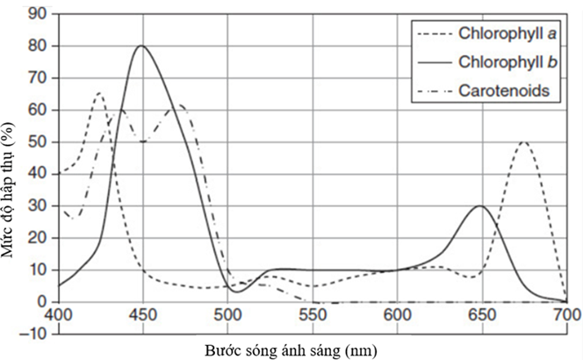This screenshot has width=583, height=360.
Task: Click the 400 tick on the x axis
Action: pos(58,313)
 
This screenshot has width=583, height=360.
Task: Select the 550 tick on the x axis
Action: pos(313,313)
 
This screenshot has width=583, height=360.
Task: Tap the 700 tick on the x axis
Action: pos(566,313)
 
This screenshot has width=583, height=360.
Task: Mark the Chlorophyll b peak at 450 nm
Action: pos(142,46)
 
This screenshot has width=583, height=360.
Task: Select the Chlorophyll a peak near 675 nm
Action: pos(523,142)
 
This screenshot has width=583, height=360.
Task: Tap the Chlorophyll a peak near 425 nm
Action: pos(98,93)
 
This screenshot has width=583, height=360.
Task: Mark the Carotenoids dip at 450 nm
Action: pos(142,141)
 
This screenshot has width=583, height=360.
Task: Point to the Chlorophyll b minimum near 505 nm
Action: pos(235,291)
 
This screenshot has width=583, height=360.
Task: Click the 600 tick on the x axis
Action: pos(398,313)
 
